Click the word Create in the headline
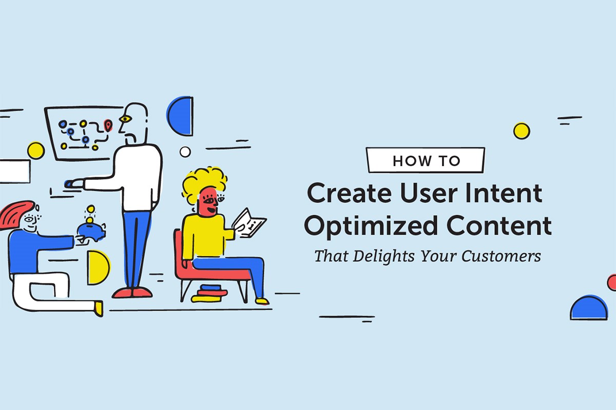349,193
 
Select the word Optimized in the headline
371,226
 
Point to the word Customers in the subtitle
502,256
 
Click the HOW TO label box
426,160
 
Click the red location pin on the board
108,126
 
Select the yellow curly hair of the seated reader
205,182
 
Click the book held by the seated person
249,223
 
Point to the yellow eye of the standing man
125,119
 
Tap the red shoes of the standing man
132,293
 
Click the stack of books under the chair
209,293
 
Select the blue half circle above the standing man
180,116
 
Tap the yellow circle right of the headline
522,131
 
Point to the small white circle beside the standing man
185,152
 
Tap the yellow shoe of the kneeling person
99,308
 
